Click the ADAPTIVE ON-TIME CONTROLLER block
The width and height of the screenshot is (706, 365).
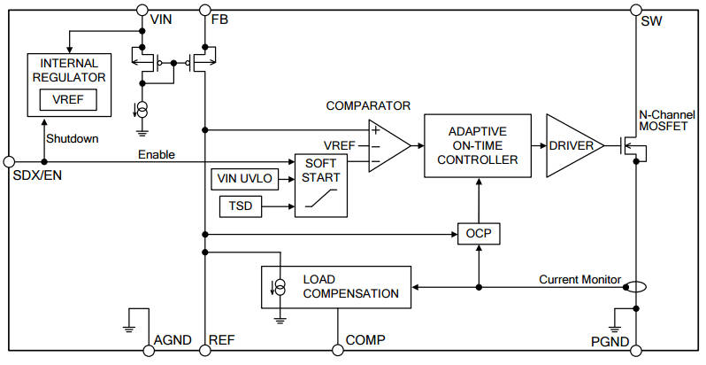478,145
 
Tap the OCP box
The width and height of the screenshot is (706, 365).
479,234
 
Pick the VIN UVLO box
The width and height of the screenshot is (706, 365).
243,179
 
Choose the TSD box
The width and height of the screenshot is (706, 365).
240,207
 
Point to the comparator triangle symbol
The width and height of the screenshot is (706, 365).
388,145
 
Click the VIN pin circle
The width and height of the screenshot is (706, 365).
142,10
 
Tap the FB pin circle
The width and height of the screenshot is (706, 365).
204,10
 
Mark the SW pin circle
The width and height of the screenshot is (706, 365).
635,10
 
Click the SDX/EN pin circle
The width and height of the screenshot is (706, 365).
9,161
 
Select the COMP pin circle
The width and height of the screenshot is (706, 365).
337,351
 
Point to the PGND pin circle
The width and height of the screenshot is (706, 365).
635,351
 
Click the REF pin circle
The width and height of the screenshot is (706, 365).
204,351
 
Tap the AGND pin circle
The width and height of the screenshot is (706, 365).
142,351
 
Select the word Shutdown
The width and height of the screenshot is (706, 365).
72,139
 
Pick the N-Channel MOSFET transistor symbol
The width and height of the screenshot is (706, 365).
630,146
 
